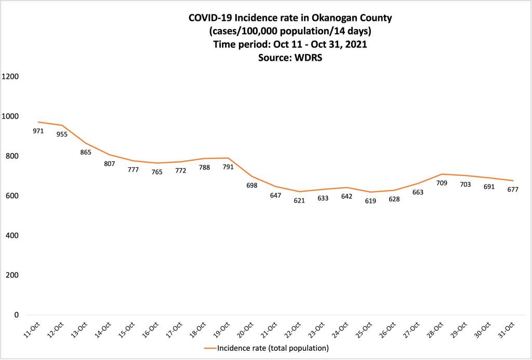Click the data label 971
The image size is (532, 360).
point(38,131)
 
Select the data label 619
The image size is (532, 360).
point(370,201)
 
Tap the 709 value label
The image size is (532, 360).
point(441,183)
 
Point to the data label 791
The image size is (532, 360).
point(228,167)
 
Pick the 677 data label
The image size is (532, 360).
point(513,190)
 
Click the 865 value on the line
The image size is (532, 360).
point(86,152)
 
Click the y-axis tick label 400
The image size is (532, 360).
point(12,235)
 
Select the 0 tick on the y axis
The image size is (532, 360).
point(17,315)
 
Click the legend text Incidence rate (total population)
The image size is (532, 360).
point(273,348)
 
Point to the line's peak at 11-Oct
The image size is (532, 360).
point(38,122)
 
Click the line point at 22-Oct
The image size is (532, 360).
point(299,192)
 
